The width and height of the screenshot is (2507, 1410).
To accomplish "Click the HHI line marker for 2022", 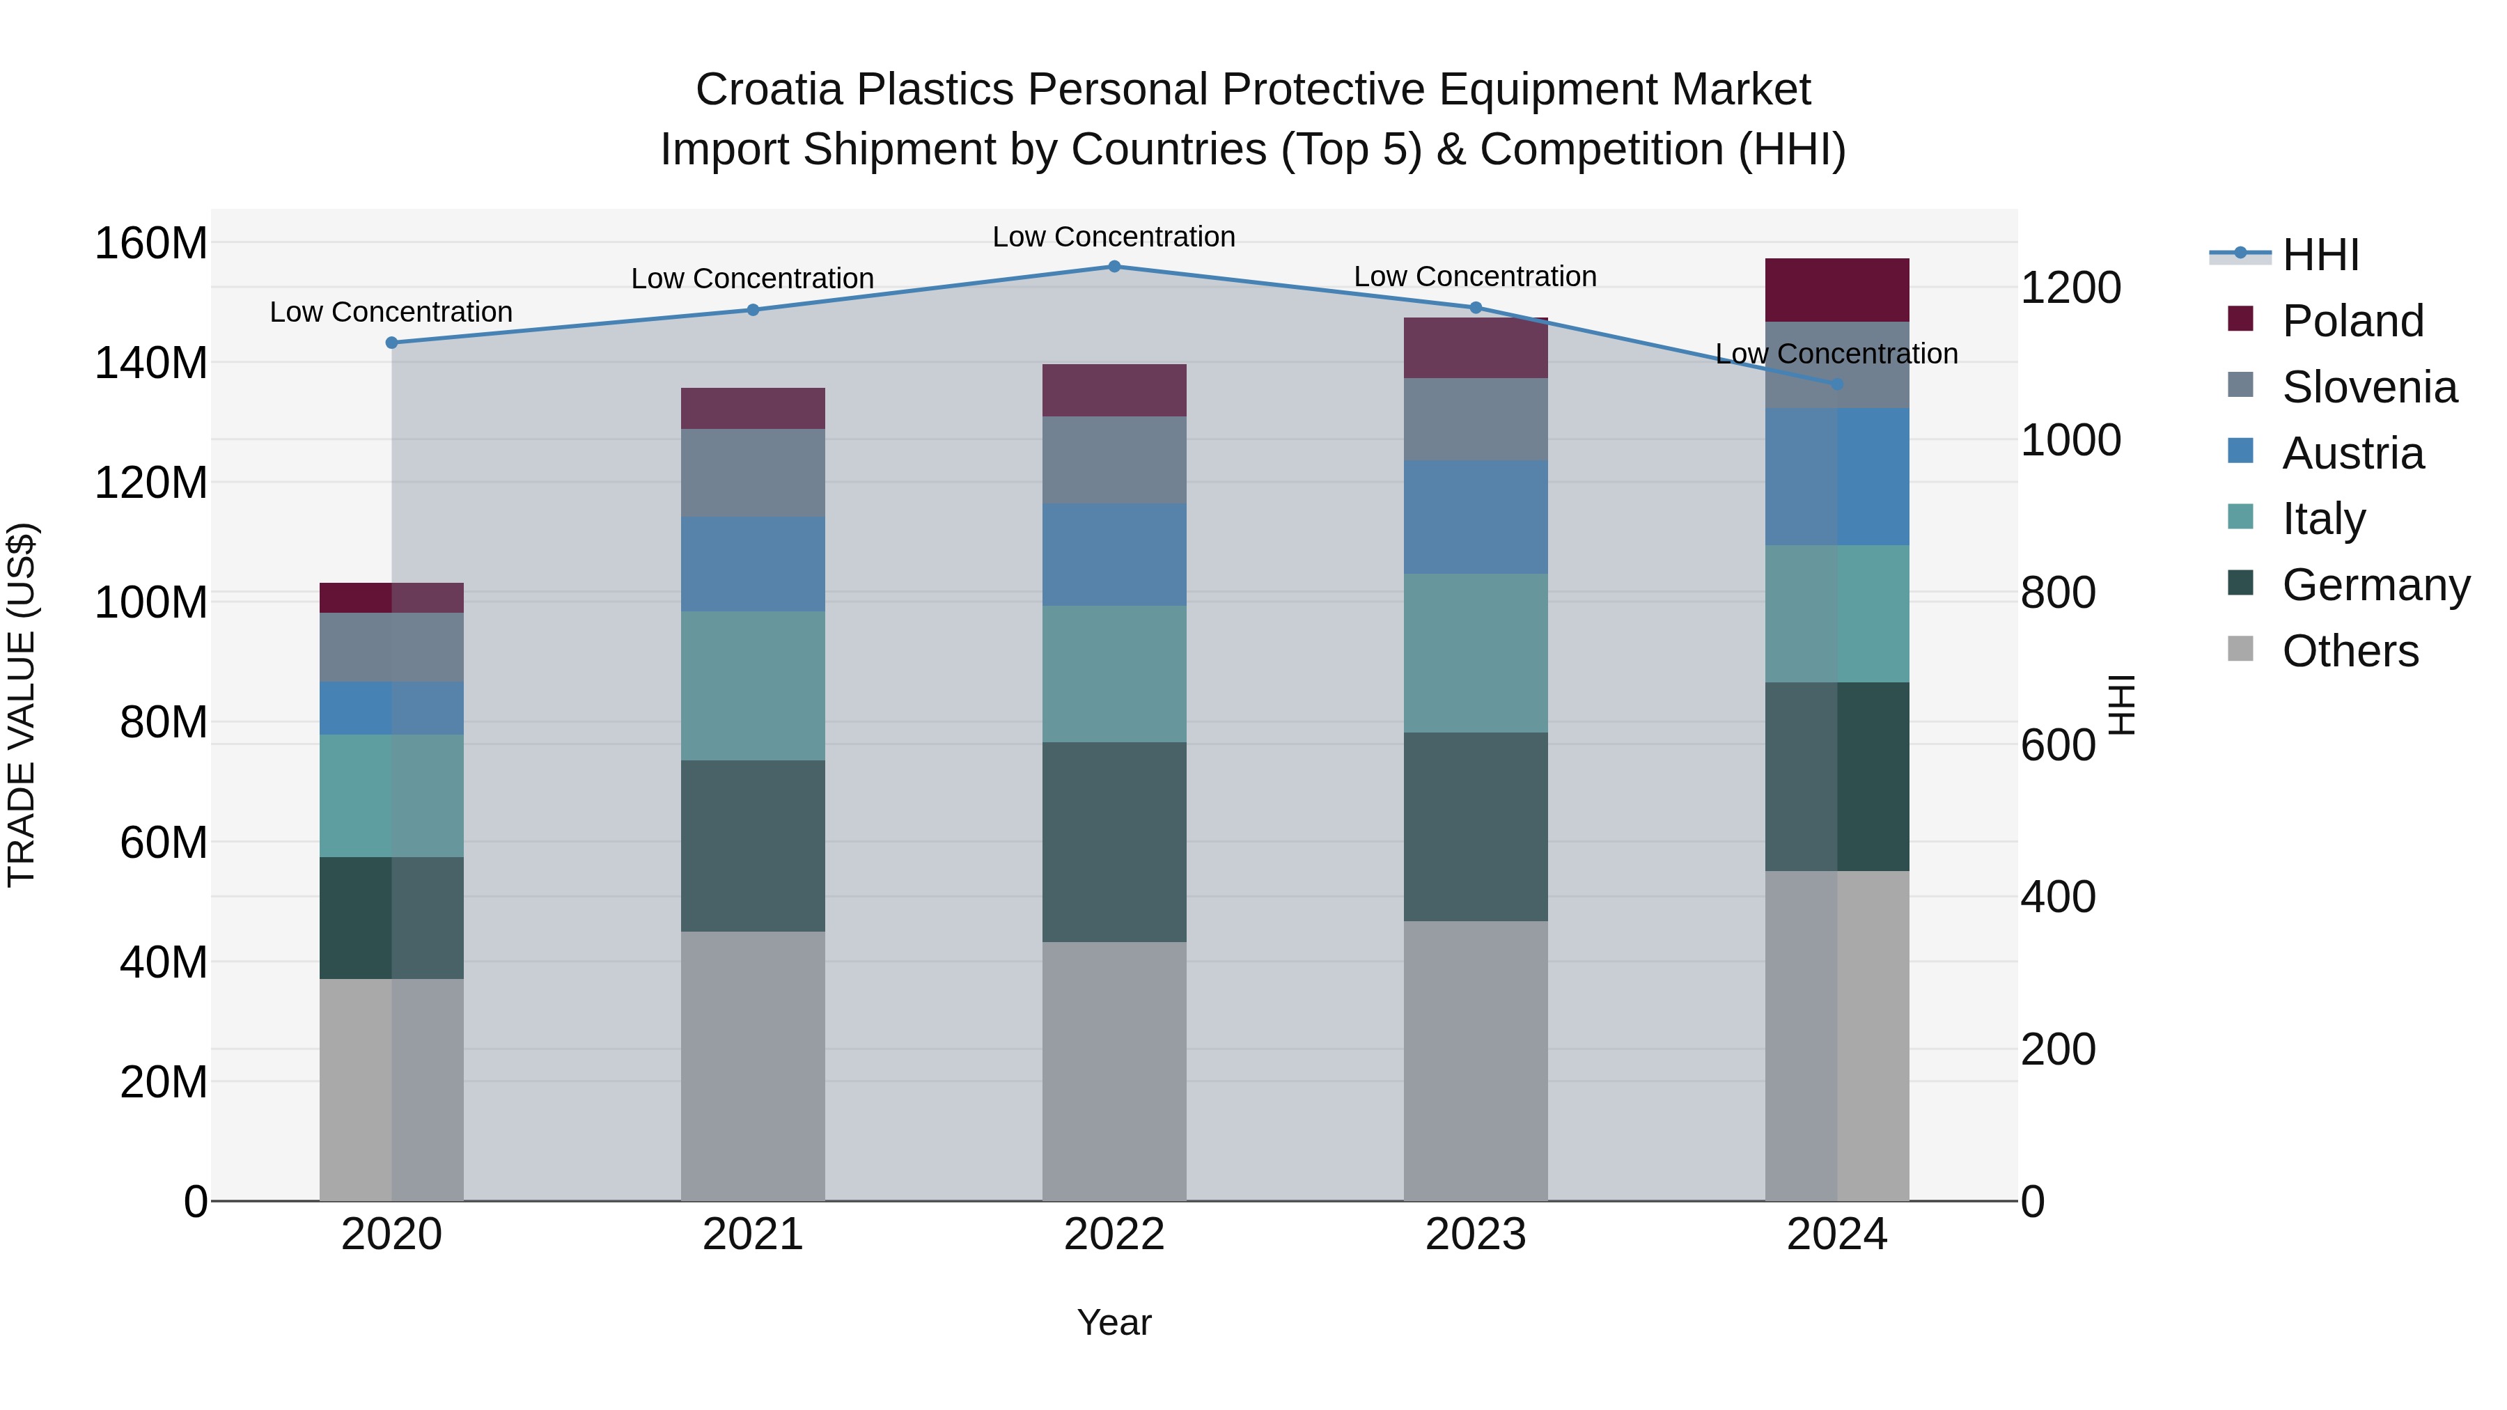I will point(1114,267).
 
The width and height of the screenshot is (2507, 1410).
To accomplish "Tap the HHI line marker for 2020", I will point(392,343).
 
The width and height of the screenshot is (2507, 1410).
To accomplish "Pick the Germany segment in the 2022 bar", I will point(1114,842).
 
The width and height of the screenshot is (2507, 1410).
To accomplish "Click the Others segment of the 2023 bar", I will point(1476,1060).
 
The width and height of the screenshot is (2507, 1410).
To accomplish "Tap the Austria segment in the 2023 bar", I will point(1476,517).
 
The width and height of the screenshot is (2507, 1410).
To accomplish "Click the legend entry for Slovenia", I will point(2369,387).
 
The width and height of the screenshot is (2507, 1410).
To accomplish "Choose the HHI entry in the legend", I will point(2320,255).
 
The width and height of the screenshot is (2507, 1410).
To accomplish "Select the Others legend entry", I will point(2350,651).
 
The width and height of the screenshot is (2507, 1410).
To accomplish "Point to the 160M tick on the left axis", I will point(151,243).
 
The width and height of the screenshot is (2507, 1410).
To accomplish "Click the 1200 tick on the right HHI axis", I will point(2071,288).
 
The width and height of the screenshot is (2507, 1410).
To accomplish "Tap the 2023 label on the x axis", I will point(1476,1235).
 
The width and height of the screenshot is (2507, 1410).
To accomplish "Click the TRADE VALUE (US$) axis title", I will point(22,705).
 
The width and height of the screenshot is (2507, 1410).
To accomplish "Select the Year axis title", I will point(1114,1322).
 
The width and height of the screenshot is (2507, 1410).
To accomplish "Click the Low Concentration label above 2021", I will point(752,279).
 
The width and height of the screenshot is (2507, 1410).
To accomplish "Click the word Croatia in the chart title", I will point(769,90).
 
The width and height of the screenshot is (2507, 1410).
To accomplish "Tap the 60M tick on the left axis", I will point(164,843).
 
